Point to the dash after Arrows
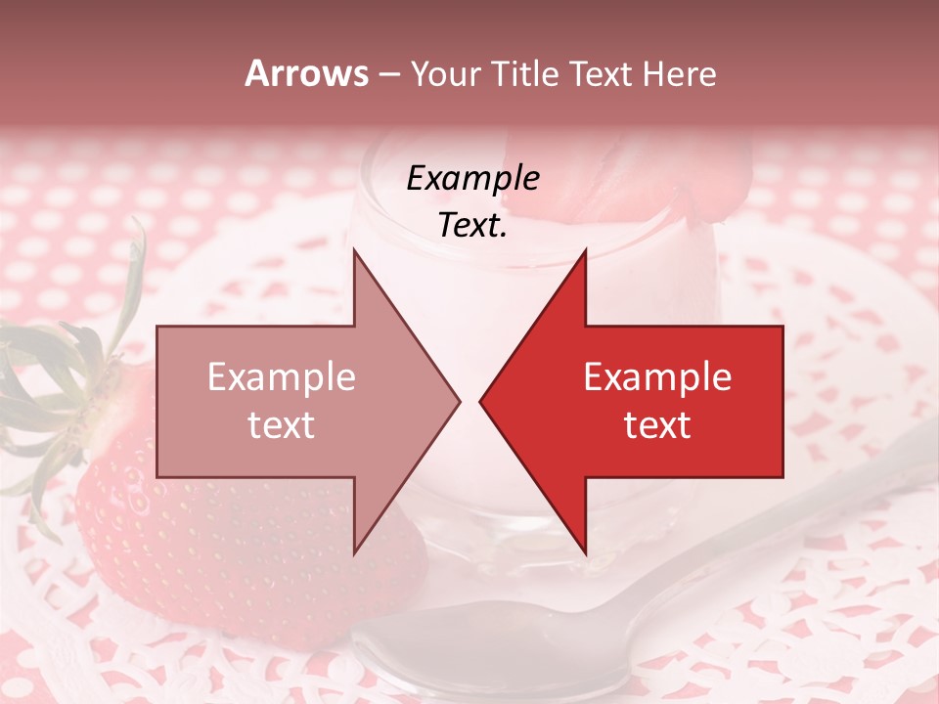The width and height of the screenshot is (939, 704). (x=388, y=76)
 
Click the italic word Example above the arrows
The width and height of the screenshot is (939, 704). (x=472, y=179)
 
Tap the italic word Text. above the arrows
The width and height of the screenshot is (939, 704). (x=472, y=226)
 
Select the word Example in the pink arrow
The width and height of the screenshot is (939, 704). (x=281, y=377)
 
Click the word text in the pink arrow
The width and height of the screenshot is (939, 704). (x=281, y=425)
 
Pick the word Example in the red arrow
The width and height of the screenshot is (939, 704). (x=657, y=377)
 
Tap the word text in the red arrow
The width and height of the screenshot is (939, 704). (x=657, y=425)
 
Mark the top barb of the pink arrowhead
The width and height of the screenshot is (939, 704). (x=356, y=256)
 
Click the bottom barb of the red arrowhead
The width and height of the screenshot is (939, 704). (x=584, y=548)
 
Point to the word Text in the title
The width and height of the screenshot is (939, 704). (x=601, y=74)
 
